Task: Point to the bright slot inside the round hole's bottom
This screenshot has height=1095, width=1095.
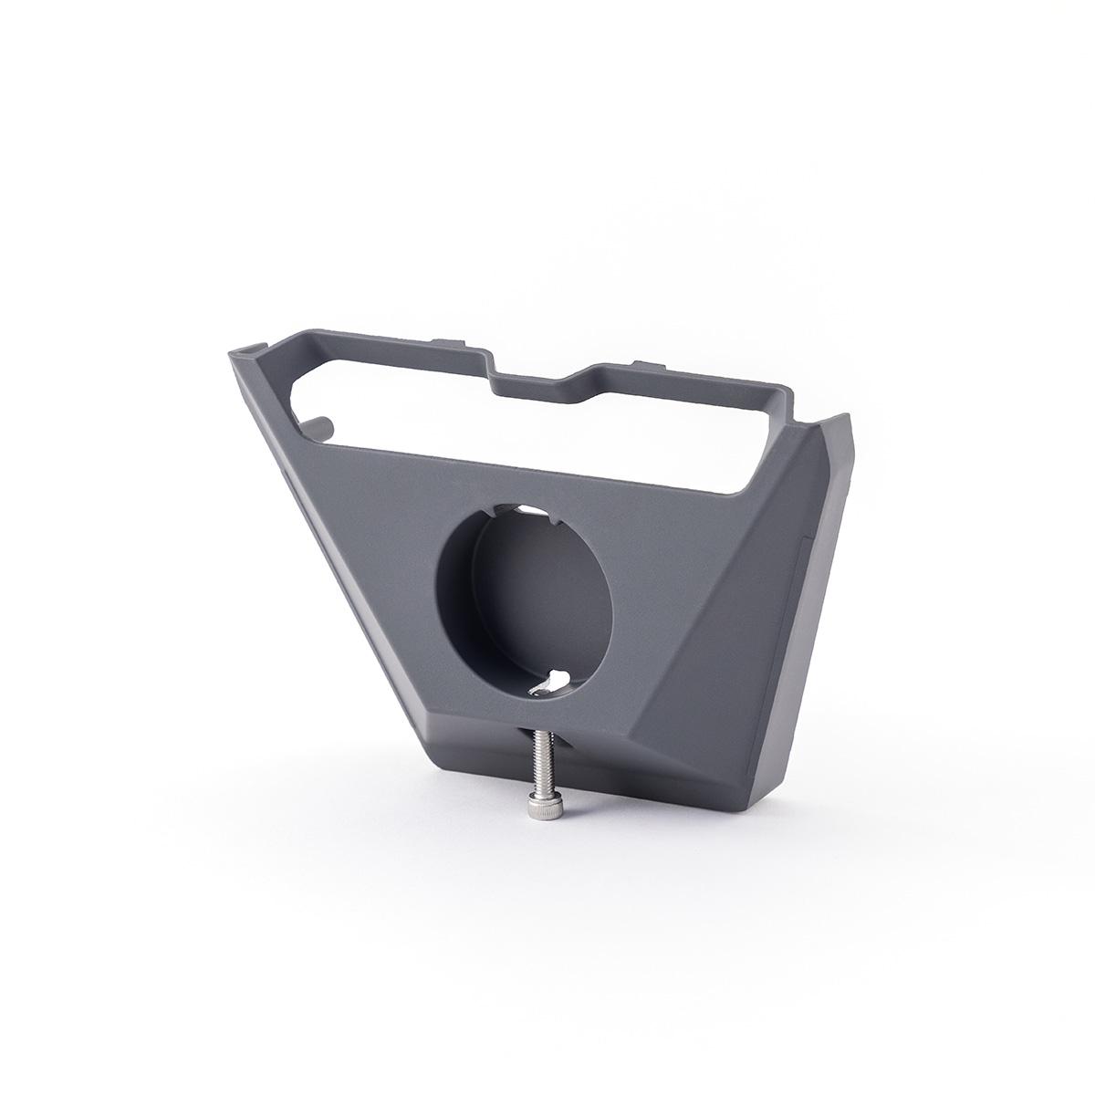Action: (x=554, y=681)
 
